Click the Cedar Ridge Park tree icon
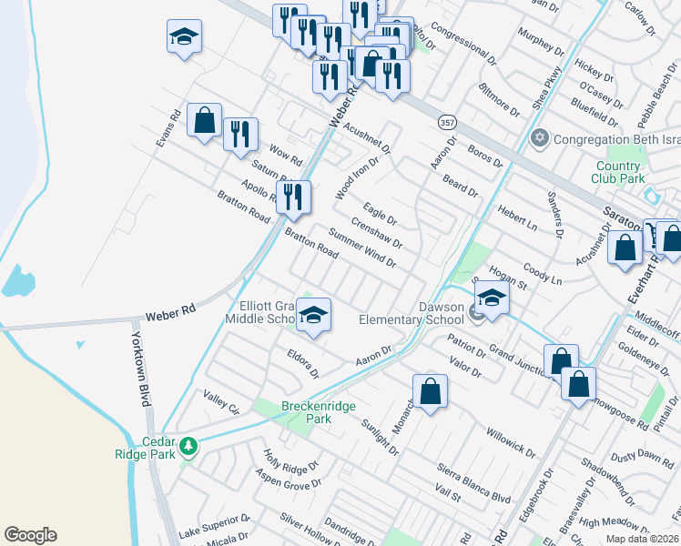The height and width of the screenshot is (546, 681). (x=188, y=446)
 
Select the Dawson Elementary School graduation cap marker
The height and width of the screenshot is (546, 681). (x=492, y=298)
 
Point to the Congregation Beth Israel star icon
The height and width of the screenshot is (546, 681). (x=539, y=138)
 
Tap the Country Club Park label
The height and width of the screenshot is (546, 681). (x=619, y=172)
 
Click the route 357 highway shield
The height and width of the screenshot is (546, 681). (x=447, y=121)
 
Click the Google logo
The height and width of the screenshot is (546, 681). (x=30, y=535)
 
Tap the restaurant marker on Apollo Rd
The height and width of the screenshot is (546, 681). (x=293, y=197)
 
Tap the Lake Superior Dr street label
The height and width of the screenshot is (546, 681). (x=214, y=527)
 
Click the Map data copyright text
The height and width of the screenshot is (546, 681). (x=643, y=539)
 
